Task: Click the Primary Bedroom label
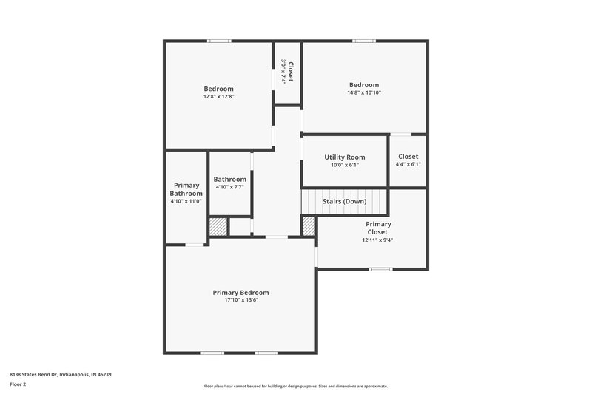pyautogui.click(x=240, y=292)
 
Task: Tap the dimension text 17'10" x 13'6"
pyautogui.click(x=240, y=299)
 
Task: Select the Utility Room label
pyautogui.click(x=345, y=157)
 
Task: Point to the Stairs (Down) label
pyautogui.click(x=344, y=201)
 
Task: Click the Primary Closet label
pyautogui.click(x=378, y=228)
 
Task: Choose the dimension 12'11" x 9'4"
pyautogui.click(x=378, y=240)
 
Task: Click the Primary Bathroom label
pyautogui.click(x=186, y=189)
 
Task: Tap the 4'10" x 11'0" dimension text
pyautogui.click(x=186, y=201)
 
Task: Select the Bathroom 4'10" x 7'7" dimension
pyautogui.click(x=229, y=187)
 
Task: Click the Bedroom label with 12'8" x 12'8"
pyautogui.click(x=218, y=89)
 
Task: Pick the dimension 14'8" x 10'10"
pyautogui.click(x=364, y=92)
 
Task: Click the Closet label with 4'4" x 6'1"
pyautogui.click(x=408, y=157)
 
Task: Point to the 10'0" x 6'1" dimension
pyautogui.click(x=345, y=165)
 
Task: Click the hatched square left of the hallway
pyautogui.click(x=218, y=227)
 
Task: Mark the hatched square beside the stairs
pyautogui.click(x=309, y=226)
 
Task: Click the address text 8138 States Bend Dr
pyautogui.click(x=60, y=374)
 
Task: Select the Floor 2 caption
pyautogui.click(x=18, y=384)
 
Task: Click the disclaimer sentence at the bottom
pyautogui.click(x=295, y=386)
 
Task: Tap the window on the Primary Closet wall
pyautogui.click(x=380, y=269)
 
